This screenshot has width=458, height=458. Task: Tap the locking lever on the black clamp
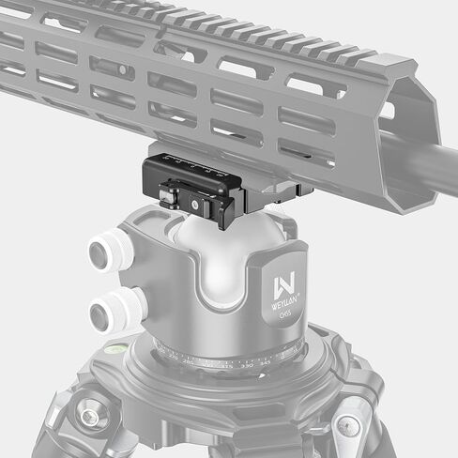(171, 196)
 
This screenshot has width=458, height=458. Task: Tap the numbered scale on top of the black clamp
(197, 169)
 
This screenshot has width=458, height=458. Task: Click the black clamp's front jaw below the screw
(211, 217)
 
